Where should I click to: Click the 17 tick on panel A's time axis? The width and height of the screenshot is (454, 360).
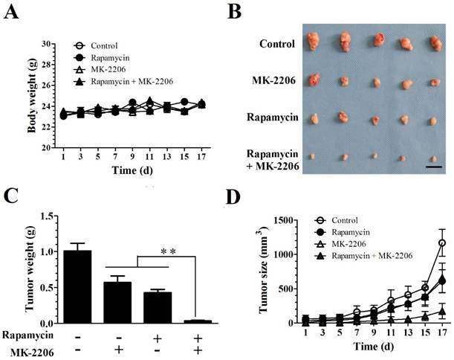[x=203, y=158]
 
